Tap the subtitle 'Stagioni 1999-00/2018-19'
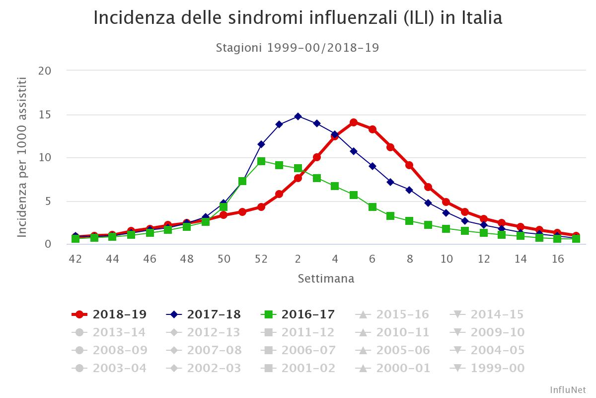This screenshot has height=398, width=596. [x=298, y=48]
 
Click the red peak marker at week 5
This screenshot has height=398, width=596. [x=354, y=122]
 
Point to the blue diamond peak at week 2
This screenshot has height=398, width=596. [x=298, y=116]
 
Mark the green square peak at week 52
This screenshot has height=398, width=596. [x=261, y=161]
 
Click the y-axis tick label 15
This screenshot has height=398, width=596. [x=45, y=114]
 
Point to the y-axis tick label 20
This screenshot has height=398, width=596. [x=45, y=71]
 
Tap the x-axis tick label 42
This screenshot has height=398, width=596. [x=75, y=259]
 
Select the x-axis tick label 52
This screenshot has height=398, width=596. [x=261, y=259]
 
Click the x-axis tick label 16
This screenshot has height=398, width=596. [x=558, y=259]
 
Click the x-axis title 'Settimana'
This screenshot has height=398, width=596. [x=326, y=279]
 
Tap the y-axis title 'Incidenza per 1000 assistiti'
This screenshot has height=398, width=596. [x=22, y=157]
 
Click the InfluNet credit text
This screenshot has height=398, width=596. [x=568, y=390]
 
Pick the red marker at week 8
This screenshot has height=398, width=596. [x=409, y=165]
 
